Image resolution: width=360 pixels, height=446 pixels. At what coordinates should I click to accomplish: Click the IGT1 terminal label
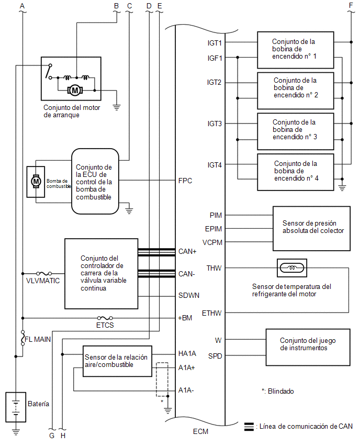coord(215,43)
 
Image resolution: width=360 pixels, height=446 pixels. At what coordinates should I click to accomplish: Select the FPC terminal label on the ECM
coord(185,181)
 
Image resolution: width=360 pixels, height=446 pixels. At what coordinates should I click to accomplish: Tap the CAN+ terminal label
coord(187,251)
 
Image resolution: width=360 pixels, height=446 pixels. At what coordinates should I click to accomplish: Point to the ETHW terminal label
coord(211,313)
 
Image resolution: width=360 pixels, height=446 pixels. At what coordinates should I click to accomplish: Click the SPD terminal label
coord(215,356)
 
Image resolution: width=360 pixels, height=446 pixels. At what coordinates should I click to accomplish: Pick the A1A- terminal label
coord(186,391)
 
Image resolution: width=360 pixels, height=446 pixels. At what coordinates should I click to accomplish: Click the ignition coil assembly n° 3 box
coord(296,131)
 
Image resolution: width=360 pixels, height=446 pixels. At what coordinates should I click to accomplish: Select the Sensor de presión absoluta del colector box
coord(311,228)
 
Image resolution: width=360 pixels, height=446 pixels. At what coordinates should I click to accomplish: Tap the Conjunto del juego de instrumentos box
coord(308,347)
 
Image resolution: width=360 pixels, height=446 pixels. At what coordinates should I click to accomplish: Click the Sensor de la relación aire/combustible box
coord(117,361)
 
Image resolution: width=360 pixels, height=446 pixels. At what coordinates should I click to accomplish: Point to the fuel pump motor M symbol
coord(36,181)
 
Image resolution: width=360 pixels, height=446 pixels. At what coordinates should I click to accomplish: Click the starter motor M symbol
coord(75,91)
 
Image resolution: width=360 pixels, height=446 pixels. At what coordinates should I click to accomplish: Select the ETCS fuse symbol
coord(105,318)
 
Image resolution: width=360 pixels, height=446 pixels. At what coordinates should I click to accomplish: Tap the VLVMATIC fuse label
coord(43,281)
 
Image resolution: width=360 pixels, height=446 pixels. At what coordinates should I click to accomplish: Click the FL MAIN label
coord(38,339)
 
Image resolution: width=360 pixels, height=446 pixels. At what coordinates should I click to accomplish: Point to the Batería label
coord(38,404)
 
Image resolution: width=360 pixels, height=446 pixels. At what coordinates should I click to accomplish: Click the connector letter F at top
coord(351,5)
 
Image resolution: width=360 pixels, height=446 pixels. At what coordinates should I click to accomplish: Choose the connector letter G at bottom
coord(52,436)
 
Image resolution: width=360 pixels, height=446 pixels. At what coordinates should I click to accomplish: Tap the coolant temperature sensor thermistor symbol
coord(292,267)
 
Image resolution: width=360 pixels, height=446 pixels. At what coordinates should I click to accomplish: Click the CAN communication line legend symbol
coord(249,427)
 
